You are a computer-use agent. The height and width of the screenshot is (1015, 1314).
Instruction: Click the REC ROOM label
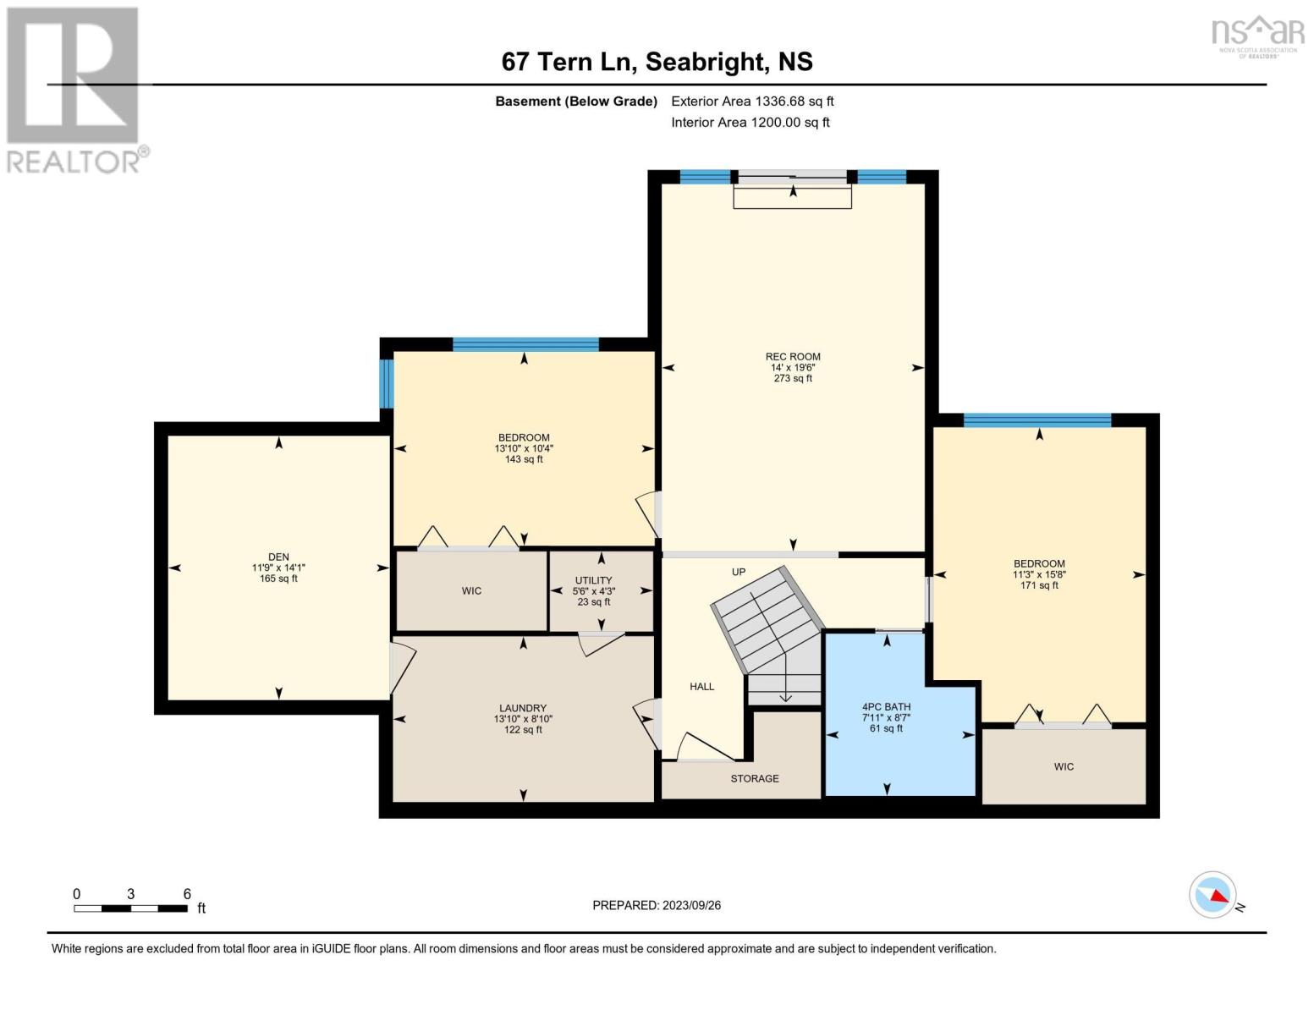[793, 357]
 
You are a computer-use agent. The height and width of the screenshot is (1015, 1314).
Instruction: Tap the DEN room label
[278, 557]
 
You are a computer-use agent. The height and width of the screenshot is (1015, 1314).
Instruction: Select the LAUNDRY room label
[523, 708]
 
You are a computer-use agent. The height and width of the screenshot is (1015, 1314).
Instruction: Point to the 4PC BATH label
[886, 707]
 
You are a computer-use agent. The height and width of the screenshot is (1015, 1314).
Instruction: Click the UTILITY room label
[593, 581]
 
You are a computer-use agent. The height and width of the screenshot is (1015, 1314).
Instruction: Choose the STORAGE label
[755, 778]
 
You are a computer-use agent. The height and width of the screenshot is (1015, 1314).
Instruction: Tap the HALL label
[701, 687]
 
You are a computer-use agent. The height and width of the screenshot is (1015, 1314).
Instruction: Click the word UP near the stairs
[739, 572]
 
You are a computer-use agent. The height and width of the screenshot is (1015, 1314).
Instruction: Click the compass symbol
[1212, 895]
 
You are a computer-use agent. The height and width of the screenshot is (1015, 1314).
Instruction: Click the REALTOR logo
[74, 89]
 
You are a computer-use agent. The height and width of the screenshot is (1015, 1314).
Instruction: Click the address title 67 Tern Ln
[657, 62]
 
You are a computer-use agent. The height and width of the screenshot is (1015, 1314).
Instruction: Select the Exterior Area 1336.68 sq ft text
[752, 101]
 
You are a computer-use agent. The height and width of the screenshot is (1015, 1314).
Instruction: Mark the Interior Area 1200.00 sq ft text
[750, 123]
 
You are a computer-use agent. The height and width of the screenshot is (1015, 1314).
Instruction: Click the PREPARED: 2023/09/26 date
[657, 905]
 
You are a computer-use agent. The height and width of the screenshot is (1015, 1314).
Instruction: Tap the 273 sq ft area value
[793, 379]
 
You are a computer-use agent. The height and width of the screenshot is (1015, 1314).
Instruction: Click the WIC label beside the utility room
[471, 591]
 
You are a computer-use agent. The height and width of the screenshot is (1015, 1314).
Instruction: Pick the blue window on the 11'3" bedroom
[1036, 420]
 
